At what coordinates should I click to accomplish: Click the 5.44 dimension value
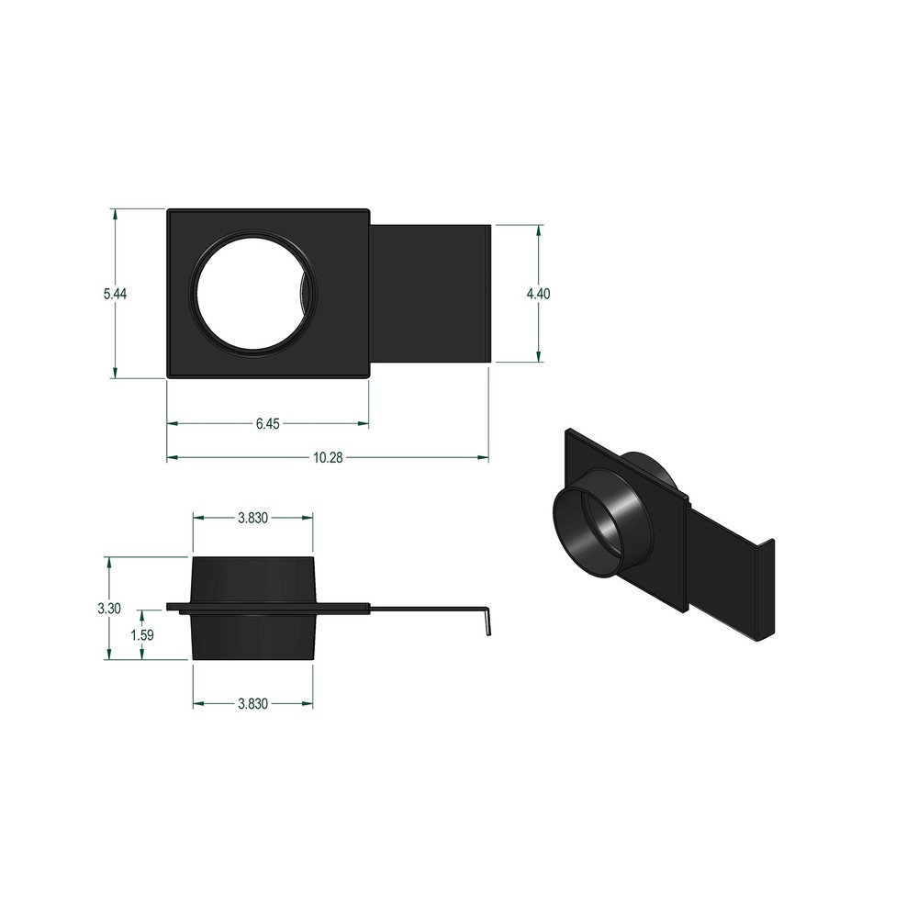(115, 294)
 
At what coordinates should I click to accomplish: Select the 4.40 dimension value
(538, 294)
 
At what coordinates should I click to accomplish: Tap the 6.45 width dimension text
(267, 424)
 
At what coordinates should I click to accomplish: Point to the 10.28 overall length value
(328, 457)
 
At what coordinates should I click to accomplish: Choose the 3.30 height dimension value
(108, 608)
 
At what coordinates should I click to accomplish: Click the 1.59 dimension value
(141, 634)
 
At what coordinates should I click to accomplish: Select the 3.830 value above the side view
(252, 518)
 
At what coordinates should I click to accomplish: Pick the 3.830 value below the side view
(252, 704)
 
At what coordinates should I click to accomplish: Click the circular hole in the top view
(251, 291)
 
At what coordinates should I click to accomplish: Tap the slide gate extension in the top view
(430, 292)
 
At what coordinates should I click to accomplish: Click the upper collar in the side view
(253, 578)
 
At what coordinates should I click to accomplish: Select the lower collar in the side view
(253, 636)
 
